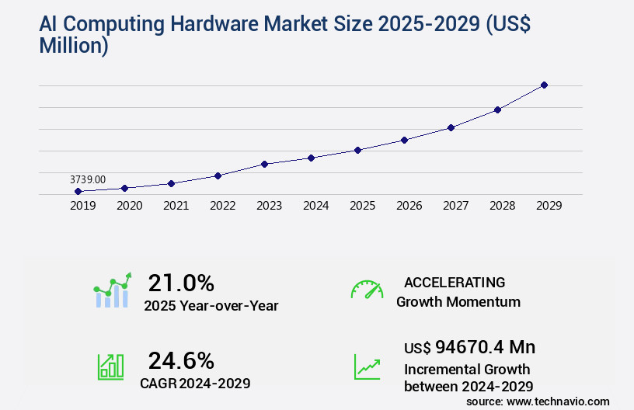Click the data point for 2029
point(544,85)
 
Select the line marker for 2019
point(78,191)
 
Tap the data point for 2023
point(264,164)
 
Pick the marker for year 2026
point(404,140)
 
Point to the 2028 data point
point(497,109)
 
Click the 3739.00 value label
point(88,179)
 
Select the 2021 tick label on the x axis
point(176,206)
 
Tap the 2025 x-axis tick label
point(362,206)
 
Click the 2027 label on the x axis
point(455,206)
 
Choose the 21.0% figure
point(181,283)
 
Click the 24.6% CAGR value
point(181,360)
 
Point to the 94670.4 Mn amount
point(485,346)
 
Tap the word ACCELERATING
point(455,283)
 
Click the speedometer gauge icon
point(367,290)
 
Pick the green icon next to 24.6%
point(110,367)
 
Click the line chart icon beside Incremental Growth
point(367,367)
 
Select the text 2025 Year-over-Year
point(211,306)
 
